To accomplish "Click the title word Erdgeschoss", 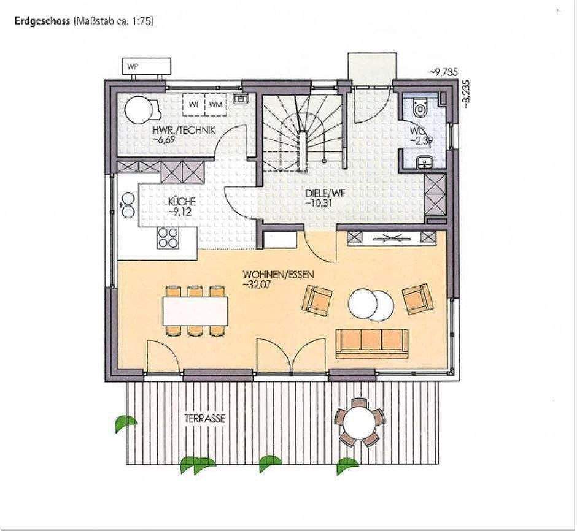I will click(x=41, y=21).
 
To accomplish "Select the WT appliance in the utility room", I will click(x=194, y=104).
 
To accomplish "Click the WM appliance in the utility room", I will click(x=215, y=104).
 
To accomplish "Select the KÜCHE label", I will click(x=182, y=202).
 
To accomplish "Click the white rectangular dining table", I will click(x=195, y=311).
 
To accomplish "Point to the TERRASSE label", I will click(x=205, y=419).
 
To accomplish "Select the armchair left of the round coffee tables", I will click(x=317, y=300).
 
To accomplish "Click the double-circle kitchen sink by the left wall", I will click(x=129, y=205).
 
